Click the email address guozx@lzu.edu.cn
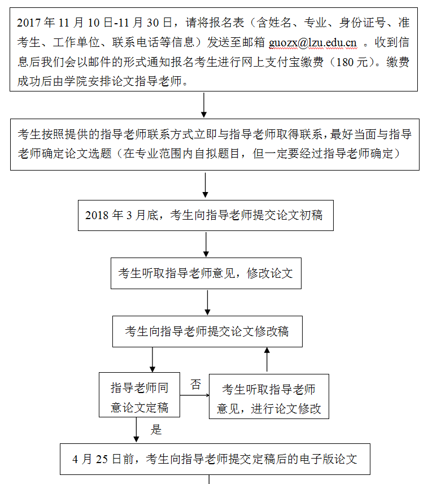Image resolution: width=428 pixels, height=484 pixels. pyautogui.click(x=313, y=42)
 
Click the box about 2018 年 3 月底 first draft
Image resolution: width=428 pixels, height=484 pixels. pyautogui.click(x=206, y=215)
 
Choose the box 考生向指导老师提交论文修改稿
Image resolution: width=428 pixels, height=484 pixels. pyautogui.click(x=207, y=332)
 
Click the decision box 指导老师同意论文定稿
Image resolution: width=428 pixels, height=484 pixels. pyautogui.click(x=139, y=395)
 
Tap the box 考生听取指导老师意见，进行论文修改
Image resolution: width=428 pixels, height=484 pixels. pyautogui.click(x=268, y=396)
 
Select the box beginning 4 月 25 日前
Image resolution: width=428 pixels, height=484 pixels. pyautogui.click(x=215, y=459)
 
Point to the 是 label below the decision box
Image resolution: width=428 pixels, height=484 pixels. pyautogui.click(x=156, y=430)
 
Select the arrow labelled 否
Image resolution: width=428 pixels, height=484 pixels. pyautogui.click(x=194, y=395)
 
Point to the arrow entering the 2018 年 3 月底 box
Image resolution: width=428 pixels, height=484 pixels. pyautogui.click(x=205, y=185)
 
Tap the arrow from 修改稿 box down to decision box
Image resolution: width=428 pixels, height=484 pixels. pyautogui.click(x=153, y=360)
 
